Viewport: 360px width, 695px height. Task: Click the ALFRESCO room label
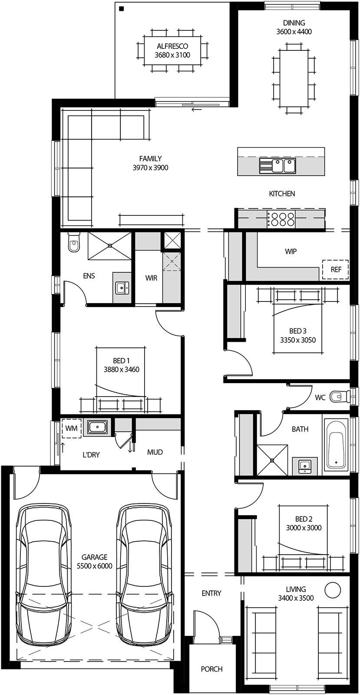coord(172,46)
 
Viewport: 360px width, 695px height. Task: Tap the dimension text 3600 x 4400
coord(294,31)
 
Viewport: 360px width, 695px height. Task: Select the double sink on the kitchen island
coord(277,165)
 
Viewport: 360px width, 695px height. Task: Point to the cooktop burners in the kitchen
coord(281,218)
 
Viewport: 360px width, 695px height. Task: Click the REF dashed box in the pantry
coord(336,270)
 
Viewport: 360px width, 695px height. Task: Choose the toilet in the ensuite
coord(74,242)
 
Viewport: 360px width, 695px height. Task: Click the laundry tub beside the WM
coord(98,427)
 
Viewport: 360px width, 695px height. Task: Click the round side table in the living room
coord(334,590)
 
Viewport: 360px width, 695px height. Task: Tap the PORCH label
coord(211,669)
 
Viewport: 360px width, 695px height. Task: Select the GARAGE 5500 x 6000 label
coord(94,562)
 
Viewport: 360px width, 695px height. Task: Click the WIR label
coord(151,278)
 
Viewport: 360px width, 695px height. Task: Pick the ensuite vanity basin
coord(121,287)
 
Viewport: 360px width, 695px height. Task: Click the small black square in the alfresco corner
coord(122,8)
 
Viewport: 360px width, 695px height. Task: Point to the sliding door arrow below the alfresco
coord(197,109)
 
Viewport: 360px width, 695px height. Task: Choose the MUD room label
coord(155,452)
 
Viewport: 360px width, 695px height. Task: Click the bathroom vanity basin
coord(304,466)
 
